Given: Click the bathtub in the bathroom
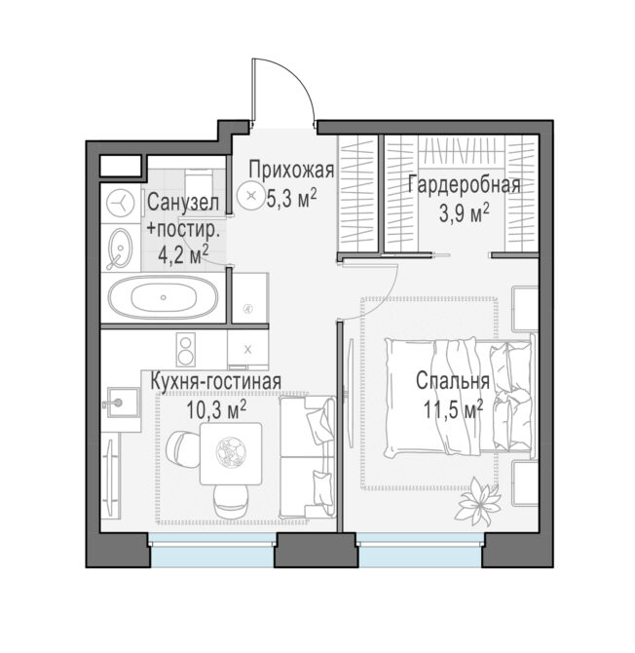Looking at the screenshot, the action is pos(163,297).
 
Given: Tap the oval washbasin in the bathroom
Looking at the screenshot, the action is pos(120,249).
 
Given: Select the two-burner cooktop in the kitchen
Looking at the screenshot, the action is pos(186,350).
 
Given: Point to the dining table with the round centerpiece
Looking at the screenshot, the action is pos(231,453).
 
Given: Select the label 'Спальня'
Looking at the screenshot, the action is pos(453,381).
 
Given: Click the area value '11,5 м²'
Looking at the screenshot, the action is pos(453,409).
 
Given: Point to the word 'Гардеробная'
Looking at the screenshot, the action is pos(464,185).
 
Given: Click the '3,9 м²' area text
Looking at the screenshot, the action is pos(464,213).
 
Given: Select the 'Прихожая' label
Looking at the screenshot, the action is pos(291,171).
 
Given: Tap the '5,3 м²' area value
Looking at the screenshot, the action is pos(291,198).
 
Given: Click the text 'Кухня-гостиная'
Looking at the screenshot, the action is pos(215,381).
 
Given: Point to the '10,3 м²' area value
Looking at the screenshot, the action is pos(216,409).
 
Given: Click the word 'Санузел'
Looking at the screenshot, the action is pos(183,203).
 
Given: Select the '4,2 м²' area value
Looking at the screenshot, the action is pos(183,255).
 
